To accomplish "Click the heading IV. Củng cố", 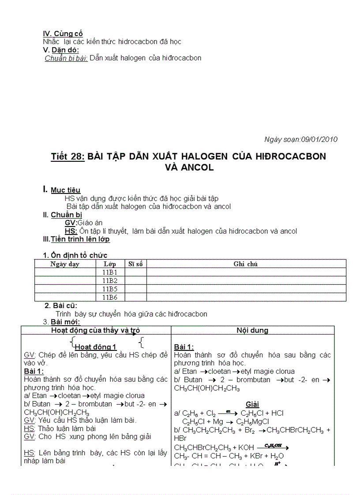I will [63, 33].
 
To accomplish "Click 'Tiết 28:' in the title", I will [67, 156].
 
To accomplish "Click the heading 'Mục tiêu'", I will [65, 190].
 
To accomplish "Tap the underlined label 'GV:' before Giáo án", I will [71, 223].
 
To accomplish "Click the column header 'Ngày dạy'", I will [65, 264].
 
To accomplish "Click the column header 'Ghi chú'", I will [246, 264].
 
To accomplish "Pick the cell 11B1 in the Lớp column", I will [110, 272].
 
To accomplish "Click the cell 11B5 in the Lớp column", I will [110, 289].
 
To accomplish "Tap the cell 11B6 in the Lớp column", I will [110, 298].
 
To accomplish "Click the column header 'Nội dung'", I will [252, 330].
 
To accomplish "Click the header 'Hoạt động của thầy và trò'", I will [96, 330].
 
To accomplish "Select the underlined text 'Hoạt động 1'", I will [95, 347].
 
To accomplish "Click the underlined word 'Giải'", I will [252, 404].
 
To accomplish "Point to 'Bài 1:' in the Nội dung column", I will [184, 347].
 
